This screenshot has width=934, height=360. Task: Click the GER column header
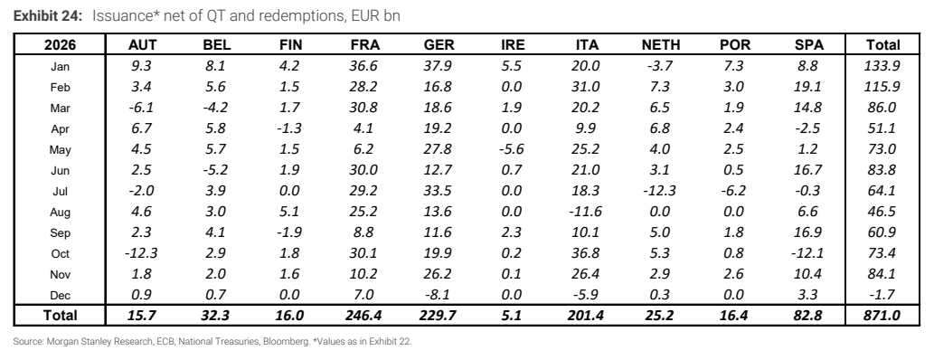439,44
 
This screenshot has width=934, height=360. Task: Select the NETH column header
661,44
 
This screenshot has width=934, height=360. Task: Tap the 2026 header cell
60,44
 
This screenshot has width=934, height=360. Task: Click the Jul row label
60,192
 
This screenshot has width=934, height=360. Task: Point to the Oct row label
60,254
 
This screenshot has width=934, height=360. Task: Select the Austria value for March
141,108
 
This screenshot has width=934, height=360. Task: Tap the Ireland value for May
511,149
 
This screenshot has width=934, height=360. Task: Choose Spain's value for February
807,87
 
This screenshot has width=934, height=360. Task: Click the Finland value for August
289,213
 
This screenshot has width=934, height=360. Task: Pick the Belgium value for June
215,170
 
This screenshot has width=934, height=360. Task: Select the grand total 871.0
882,316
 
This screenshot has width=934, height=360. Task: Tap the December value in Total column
882,296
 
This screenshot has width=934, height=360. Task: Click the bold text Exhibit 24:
48,16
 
